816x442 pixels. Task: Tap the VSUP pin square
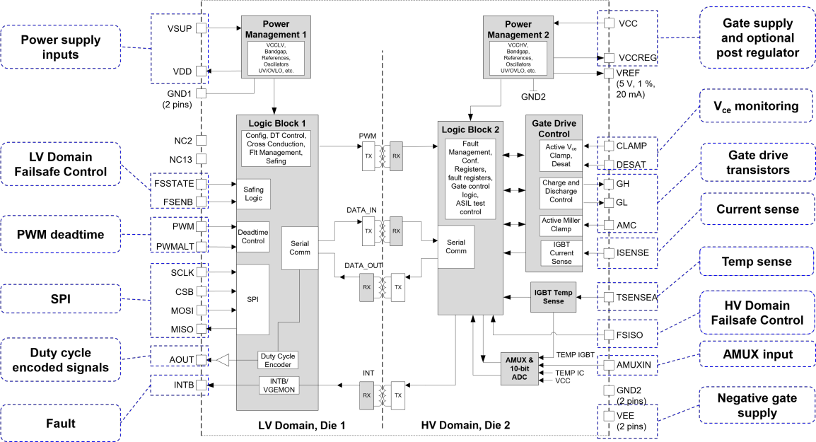(201, 28)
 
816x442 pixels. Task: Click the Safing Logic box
(252, 194)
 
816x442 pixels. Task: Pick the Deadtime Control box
(252, 235)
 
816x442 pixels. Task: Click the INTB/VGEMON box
(276, 385)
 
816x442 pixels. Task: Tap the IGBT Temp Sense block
(554, 297)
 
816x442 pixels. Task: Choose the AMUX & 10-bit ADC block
(520, 368)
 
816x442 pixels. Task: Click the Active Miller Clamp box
(561, 224)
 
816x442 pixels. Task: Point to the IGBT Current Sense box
(561, 253)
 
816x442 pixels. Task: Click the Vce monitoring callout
(756, 107)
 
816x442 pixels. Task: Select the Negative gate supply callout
(756, 406)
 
